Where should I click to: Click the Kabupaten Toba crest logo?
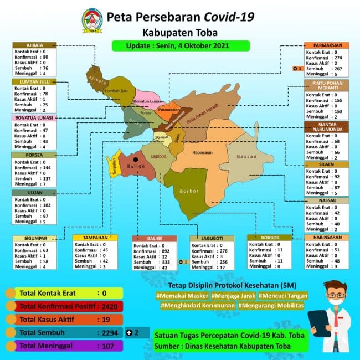point(92,20)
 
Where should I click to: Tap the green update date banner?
point(170,45)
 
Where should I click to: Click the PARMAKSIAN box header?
point(326,45)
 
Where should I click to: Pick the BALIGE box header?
point(154,239)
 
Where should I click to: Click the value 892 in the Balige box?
point(163,251)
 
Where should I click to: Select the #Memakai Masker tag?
point(179,295)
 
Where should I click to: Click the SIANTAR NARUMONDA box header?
point(326,127)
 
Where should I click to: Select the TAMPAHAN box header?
point(94,238)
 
